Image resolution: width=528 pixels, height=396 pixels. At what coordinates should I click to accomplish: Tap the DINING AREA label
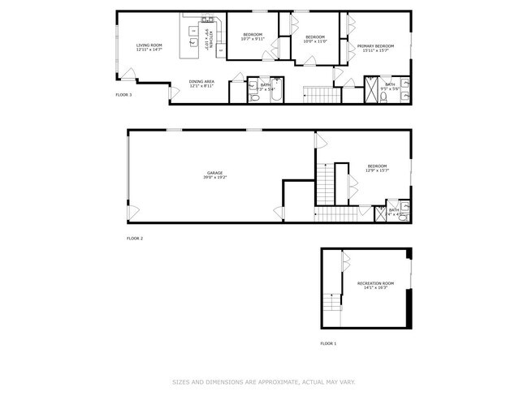click(x=201, y=83)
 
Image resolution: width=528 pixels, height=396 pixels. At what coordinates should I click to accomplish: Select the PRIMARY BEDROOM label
click(x=375, y=48)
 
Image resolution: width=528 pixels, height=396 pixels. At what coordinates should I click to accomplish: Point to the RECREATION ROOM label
click(x=374, y=285)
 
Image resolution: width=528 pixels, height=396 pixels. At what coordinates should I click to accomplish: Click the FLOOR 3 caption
click(x=124, y=95)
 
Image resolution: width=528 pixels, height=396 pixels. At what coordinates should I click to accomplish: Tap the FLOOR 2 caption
click(x=135, y=238)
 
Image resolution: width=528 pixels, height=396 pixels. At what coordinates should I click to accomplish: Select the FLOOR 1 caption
click(x=327, y=343)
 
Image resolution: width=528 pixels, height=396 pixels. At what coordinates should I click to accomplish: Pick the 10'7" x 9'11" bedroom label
click(x=254, y=37)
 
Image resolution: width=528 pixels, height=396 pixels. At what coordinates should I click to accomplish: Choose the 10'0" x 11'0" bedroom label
click(x=315, y=38)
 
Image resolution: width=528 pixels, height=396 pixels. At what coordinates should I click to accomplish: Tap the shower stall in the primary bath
click(x=371, y=88)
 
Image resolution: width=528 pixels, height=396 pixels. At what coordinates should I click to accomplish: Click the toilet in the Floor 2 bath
click(x=404, y=215)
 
